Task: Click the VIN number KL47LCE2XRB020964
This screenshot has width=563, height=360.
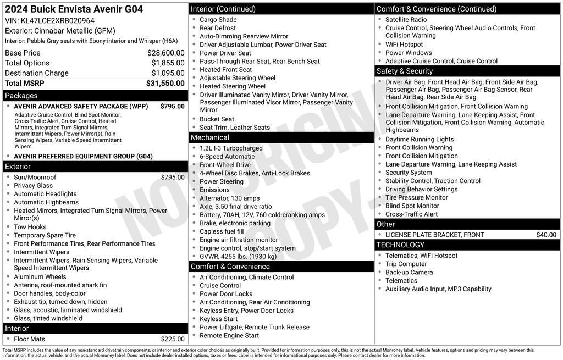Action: click(58, 21)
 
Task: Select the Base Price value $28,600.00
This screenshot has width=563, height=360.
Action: click(165, 53)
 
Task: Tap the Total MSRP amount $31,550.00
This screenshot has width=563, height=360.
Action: click(165, 84)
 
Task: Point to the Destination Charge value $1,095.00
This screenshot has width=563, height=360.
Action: click(168, 73)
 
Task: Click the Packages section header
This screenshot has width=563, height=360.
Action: click(21, 96)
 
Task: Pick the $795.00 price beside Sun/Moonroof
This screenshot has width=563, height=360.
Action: click(173, 178)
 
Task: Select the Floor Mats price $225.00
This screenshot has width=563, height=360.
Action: click(173, 339)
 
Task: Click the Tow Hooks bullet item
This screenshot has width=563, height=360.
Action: click(30, 227)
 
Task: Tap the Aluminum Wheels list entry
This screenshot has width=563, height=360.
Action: click(40, 277)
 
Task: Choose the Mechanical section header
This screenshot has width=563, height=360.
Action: click(210, 137)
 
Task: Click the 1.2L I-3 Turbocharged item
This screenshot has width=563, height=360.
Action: click(231, 148)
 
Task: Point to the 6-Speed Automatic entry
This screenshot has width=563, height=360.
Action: click(227, 157)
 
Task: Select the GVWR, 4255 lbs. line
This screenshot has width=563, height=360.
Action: click(238, 257)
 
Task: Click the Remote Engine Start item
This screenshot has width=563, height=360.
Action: click(229, 336)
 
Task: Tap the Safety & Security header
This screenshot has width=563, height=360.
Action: click(405, 71)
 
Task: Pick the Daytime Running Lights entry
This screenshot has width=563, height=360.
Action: click(420, 140)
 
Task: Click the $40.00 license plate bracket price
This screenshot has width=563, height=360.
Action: click(546, 235)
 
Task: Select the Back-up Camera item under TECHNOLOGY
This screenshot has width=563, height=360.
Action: click(409, 273)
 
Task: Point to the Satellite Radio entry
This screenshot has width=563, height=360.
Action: click(406, 20)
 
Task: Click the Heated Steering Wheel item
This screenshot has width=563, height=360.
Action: click(233, 86)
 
